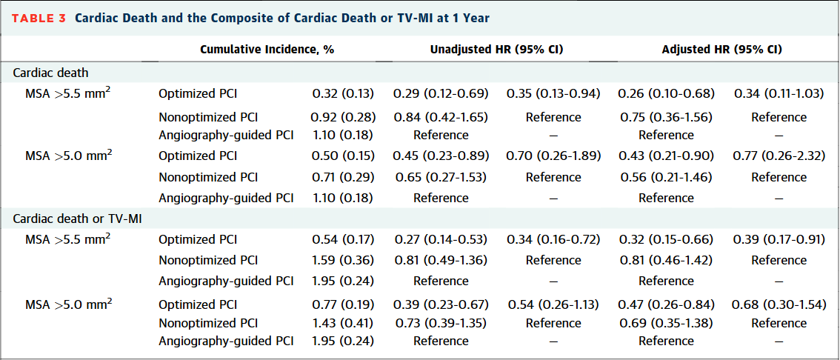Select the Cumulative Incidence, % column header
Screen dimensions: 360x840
[x=267, y=50]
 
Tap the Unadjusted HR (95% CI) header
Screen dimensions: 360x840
[x=496, y=50]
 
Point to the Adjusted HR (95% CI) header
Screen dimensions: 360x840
[x=721, y=50]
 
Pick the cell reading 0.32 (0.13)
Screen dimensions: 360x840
[x=343, y=93]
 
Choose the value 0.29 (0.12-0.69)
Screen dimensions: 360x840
[x=440, y=93]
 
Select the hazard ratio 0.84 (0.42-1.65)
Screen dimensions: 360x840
[x=440, y=117]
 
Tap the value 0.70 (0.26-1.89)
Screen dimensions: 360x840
[x=553, y=156]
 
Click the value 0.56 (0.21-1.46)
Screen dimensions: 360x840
[x=666, y=177]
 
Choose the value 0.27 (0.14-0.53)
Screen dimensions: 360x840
[x=440, y=239]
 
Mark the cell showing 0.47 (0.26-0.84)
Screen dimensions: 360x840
[x=666, y=304]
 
